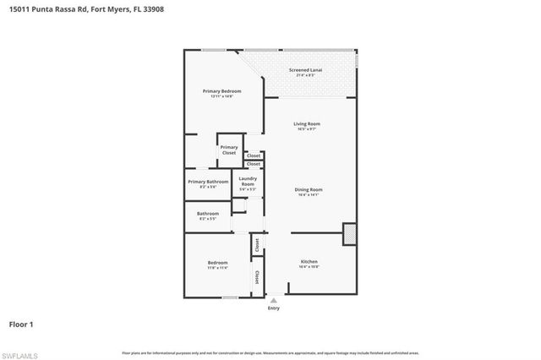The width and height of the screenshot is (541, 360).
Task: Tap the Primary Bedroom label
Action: point(221,90)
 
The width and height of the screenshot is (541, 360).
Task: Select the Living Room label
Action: point(307,123)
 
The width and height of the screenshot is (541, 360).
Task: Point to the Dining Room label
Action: point(308,189)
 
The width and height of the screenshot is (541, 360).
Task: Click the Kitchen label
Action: point(309,262)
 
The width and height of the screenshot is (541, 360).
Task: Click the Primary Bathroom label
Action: point(208,182)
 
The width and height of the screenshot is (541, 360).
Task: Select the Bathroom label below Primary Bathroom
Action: point(208,214)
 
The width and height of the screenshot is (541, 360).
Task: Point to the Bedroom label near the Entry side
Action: point(217,263)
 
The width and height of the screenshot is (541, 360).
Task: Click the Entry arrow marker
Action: point(273,299)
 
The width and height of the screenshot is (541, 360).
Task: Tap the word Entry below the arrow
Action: point(273,308)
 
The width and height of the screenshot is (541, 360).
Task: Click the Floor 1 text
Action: point(22,324)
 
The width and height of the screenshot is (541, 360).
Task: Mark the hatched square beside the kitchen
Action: point(349,234)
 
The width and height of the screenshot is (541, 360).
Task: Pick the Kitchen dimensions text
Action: point(309,268)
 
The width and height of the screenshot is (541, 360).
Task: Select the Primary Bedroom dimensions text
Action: point(221,96)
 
